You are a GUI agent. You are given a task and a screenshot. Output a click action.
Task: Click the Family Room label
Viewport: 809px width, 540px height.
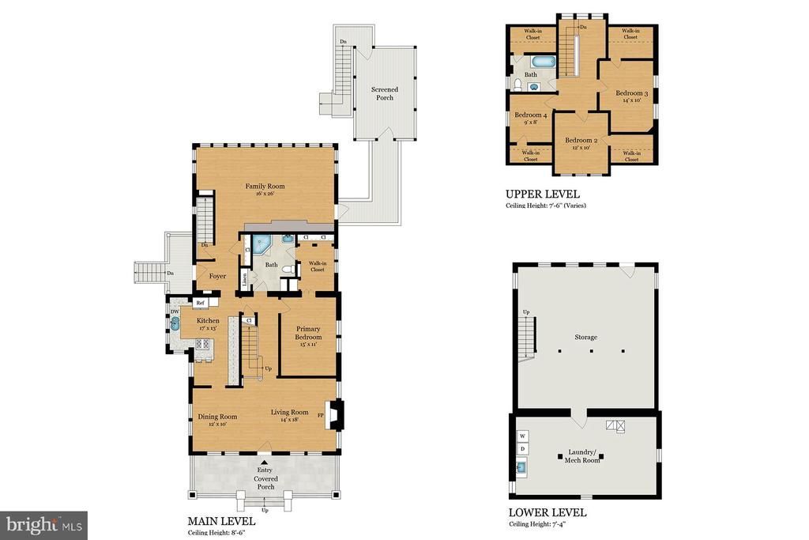[264, 187]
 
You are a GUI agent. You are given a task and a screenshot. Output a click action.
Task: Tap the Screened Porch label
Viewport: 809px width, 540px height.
[385, 94]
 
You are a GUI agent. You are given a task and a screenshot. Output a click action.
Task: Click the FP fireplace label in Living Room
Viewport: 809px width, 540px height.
[321, 414]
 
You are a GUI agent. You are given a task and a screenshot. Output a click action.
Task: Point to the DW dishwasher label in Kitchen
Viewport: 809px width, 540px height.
[175, 312]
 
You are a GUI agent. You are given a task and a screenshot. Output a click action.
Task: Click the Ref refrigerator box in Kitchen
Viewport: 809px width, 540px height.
[201, 302]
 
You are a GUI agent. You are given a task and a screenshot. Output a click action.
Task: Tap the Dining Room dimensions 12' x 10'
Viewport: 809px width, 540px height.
[217, 425]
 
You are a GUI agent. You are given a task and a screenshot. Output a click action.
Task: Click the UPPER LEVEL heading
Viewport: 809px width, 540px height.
[542, 194]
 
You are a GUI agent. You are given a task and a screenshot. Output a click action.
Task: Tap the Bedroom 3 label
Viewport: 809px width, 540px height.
[631, 93]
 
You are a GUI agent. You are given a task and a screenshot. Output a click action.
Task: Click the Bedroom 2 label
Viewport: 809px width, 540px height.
[581, 141]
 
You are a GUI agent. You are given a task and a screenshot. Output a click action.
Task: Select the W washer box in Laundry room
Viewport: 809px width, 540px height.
[522, 436]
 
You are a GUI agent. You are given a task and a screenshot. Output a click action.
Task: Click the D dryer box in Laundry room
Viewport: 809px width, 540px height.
[522, 449]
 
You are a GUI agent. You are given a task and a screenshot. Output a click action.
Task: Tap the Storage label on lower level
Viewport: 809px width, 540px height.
[585, 337]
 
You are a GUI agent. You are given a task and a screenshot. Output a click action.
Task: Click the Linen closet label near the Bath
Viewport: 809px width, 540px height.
[245, 278]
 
